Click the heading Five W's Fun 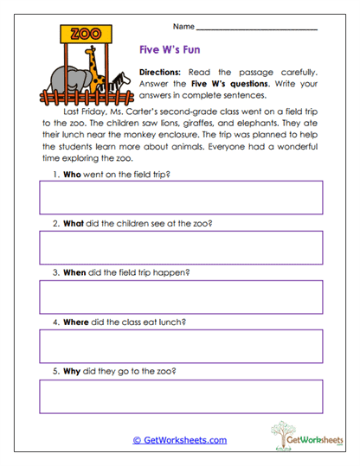[x=170, y=51]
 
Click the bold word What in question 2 [x=75, y=224]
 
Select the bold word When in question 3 [x=75, y=273]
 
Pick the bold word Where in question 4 [x=78, y=322]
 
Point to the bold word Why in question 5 [x=74, y=372]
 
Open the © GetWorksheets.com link [x=179, y=440]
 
